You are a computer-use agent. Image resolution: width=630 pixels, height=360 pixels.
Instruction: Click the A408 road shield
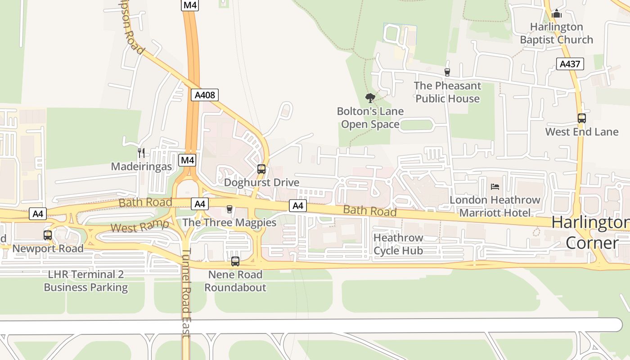point(205,95)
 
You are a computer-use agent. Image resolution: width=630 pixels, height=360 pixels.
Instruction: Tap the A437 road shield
point(570,64)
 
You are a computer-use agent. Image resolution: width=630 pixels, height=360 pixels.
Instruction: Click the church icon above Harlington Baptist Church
point(557,14)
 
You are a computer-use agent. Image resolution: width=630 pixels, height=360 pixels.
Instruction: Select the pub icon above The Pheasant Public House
point(447,72)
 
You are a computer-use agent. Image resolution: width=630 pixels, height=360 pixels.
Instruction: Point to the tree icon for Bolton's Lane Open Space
point(370,98)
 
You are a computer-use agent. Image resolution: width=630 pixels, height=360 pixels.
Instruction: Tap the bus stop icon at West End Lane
point(582,118)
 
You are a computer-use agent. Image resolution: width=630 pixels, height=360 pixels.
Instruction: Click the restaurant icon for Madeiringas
point(141,153)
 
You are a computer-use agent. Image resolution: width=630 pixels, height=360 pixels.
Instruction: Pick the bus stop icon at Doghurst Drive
point(261,169)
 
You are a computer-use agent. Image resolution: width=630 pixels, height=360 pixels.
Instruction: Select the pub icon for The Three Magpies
point(229,209)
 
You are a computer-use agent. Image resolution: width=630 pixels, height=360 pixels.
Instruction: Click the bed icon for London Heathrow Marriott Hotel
point(495,186)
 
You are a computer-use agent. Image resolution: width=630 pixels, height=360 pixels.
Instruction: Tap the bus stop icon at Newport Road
point(48,235)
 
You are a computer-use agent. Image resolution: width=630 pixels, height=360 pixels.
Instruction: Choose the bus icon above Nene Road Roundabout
point(235,261)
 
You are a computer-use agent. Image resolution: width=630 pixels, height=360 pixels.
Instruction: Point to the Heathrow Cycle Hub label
point(398,244)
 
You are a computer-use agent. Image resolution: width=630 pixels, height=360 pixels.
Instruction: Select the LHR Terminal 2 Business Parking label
point(85,281)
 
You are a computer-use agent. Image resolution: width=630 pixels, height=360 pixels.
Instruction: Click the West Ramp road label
point(139,226)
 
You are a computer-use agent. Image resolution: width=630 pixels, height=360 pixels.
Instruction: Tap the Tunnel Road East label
point(186,292)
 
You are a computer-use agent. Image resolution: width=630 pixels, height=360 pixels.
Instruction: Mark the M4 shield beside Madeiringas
point(187,160)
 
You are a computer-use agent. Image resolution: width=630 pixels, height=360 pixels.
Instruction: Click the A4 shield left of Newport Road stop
point(38,214)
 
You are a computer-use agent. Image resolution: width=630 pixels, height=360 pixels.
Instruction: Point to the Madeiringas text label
point(141,166)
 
